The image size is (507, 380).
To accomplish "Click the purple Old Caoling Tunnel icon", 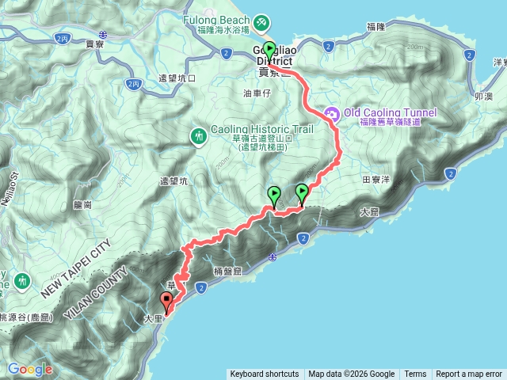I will (x=331, y=114).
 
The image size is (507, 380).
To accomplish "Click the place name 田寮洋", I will (x=376, y=180).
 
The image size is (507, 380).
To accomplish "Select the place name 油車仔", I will (x=257, y=93).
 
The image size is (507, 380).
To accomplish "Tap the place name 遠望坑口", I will (x=177, y=78).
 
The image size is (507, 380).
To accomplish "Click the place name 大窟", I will (x=369, y=211).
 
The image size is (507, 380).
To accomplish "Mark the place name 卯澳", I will (x=483, y=95).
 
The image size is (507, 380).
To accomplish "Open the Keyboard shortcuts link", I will (x=265, y=374).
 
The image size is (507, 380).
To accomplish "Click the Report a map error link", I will (x=469, y=374).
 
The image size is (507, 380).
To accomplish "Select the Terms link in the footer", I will (x=415, y=374).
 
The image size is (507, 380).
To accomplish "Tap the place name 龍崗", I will (x=83, y=204).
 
